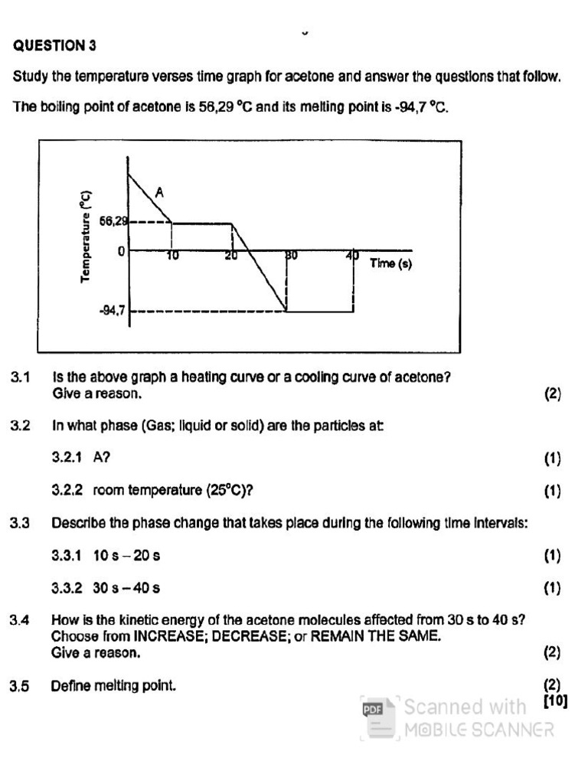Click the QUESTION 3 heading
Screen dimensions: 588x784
(55, 46)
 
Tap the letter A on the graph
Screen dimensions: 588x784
(159, 193)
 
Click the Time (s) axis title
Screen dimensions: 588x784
(390, 263)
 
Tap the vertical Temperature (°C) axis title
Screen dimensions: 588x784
(86, 237)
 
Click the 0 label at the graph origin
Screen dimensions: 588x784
(121, 251)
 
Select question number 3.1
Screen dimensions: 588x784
(20, 377)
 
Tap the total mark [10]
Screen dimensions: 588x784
(555, 700)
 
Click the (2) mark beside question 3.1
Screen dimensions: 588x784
(553, 394)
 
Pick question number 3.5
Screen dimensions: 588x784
(20, 687)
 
